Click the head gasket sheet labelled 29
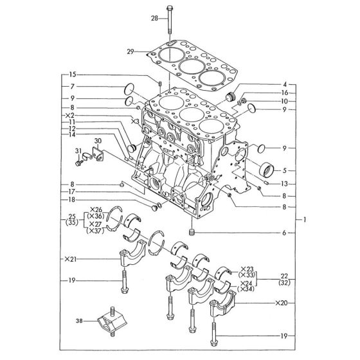pyautogui.click(x=193, y=65)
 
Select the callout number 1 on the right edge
pyautogui.click(x=305, y=220)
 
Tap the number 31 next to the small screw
pyautogui.click(x=77, y=152)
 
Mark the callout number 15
pyautogui.click(x=73, y=74)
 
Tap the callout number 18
pyautogui.click(x=73, y=200)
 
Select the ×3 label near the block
pyautogui.click(x=134, y=121)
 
